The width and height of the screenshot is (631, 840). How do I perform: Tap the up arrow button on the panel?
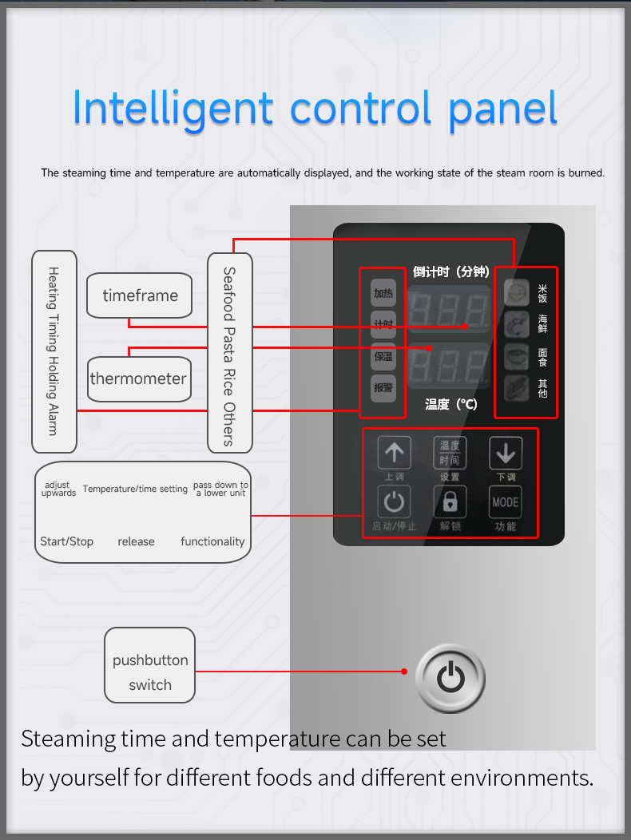[394, 453]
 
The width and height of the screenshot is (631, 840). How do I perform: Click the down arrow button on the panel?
[506, 454]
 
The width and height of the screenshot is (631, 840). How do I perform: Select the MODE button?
[506, 502]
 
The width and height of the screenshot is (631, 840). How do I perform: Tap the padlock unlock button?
[450, 502]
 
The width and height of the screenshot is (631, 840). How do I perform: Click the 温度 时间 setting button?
[450, 453]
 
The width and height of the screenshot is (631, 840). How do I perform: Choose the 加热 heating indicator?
[383, 293]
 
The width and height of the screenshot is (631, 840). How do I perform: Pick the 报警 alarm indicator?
[383, 388]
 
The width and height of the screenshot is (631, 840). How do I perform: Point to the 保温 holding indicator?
[383, 356]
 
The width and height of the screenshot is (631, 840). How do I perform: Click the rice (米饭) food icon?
[517, 293]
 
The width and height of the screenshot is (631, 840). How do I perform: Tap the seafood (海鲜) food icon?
[517, 324]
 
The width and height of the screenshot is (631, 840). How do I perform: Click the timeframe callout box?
[140, 295]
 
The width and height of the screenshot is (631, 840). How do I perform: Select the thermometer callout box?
[137, 378]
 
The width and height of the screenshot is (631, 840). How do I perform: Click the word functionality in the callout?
[212, 541]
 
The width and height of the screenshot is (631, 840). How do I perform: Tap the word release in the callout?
[136, 541]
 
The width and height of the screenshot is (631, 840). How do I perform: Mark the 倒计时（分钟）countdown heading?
[451, 271]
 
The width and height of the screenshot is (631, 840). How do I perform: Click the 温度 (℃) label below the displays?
[451, 404]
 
